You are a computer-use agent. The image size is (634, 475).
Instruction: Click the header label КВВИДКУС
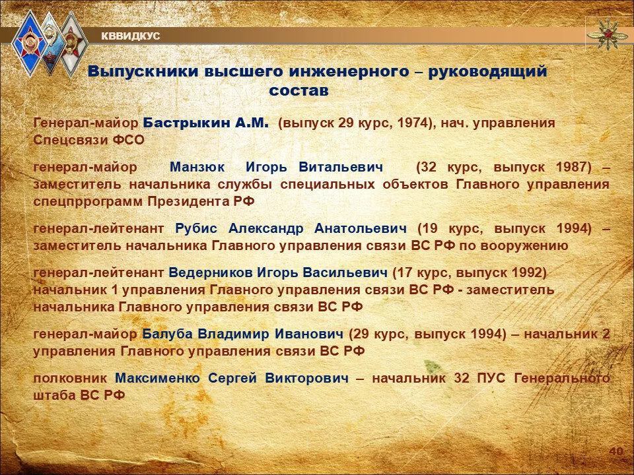click(x=130, y=36)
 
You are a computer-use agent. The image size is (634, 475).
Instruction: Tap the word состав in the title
click(x=299, y=90)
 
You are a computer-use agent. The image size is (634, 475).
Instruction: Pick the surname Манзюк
click(x=197, y=167)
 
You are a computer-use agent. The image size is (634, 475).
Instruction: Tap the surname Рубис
click(x=196, y=229)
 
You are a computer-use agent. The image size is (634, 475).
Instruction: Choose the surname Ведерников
click(x=211, y=273)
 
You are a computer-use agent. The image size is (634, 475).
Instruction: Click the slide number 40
click(x=616, y=451)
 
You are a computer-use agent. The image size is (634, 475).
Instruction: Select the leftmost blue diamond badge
click(x=29, y=44)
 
